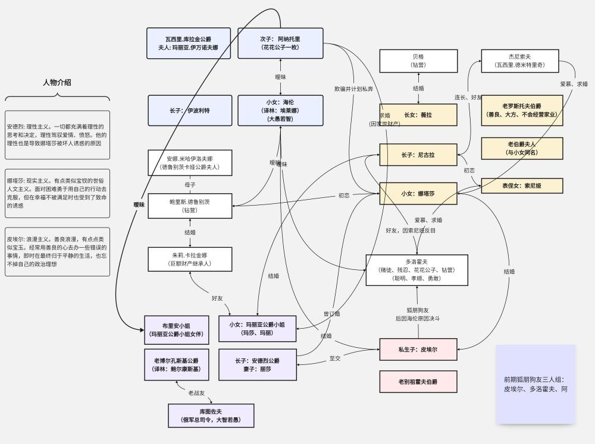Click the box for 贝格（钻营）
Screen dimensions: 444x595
point(418,61)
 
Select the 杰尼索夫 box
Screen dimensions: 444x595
point(522,61)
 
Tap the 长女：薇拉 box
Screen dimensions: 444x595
point(418,115)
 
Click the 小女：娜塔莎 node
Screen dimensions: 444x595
point(418,194)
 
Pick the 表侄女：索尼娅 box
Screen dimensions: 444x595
point(522,185)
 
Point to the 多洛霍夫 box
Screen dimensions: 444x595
point(417,269)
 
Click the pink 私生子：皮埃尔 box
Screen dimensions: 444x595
point(418,349)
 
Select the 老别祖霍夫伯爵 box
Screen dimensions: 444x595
point(418,381)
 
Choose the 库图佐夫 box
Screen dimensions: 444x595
point(211,415)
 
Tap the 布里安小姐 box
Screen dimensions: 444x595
point(177,330)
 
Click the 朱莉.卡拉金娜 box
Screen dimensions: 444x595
point(190,259)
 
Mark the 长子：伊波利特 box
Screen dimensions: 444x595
point(190,111)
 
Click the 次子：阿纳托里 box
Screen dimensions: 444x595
point(280,43)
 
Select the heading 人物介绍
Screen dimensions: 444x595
point(57,83)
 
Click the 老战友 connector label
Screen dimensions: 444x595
point(196,393)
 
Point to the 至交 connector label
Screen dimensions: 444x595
point(335,358)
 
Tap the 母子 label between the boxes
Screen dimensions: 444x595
point(190,185)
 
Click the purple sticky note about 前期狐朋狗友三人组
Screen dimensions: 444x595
point(535,384)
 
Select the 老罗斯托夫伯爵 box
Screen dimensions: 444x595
point(522,110)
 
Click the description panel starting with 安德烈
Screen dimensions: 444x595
point(58,135)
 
